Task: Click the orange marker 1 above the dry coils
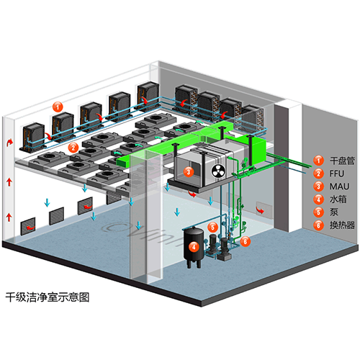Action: click(58, 107)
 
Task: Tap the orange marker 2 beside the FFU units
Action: click(73, 148)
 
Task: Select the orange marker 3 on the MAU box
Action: click(189, 171)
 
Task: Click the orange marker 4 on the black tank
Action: click(194, 246)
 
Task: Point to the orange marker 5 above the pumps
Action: click(212, 227)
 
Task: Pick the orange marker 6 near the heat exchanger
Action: click(246, 241)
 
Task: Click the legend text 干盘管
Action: click(342, 161)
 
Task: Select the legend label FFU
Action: click(337, 174)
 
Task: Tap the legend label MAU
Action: click(339, 186)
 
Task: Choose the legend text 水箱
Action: click(338, 199)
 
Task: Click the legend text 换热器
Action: click(342, 225)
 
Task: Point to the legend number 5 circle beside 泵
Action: click(318, 212)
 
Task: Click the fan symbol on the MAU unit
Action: click(218, 171)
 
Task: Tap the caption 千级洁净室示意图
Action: click(48, 297)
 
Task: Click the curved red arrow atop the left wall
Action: click(10, 142)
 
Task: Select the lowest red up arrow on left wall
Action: click(9, 217)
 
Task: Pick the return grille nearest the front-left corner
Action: click(28, 226)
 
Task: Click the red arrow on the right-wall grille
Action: click(260, 210)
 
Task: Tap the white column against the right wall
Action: click(288, 166)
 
